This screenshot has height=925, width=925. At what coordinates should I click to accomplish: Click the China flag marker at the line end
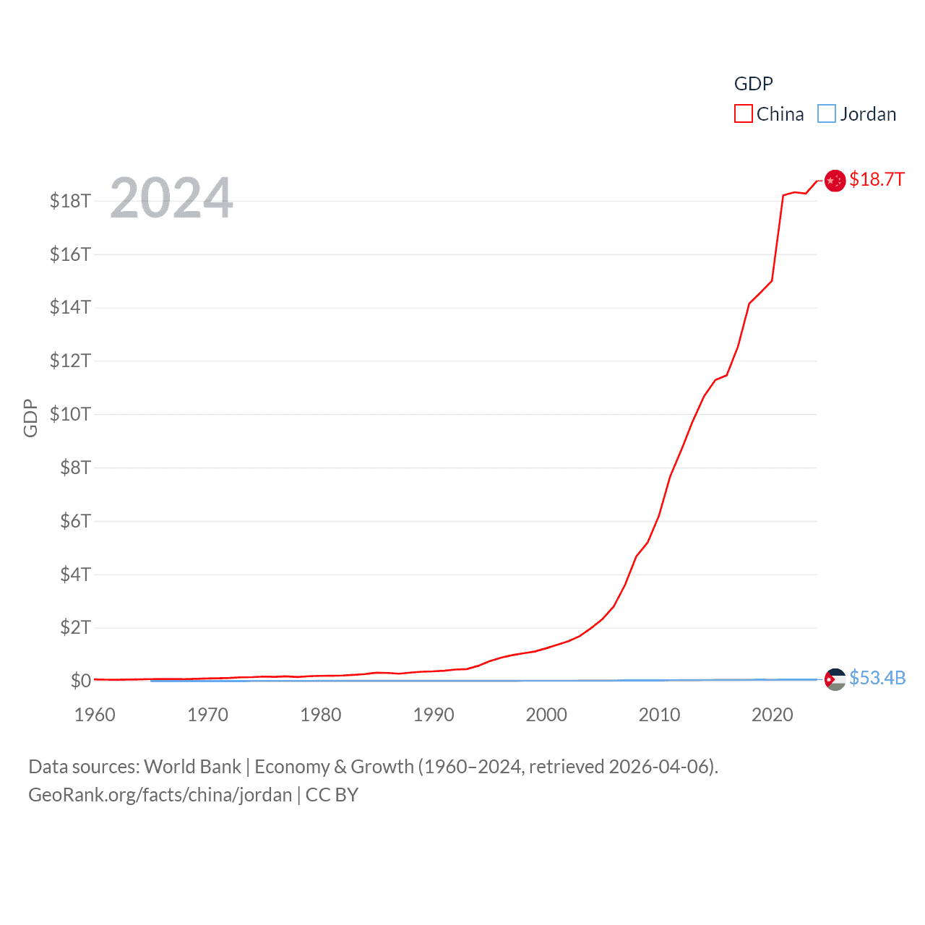pos(835,181)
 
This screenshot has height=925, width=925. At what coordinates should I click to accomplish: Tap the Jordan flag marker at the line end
pos(835,679)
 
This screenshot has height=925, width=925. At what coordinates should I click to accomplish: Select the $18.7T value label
pos(877,179)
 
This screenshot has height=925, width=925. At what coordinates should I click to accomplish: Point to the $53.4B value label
pos(877,678)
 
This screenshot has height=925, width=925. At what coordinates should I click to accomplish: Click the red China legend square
pos(743,114)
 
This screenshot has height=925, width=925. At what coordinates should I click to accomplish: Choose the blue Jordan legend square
pos(826,114)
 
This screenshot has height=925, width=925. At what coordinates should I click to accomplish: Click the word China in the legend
pos(780,114)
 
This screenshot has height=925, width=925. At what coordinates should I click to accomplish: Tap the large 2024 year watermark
pos(171,197)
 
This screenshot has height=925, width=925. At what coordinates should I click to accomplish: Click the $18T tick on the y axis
pos(70,201)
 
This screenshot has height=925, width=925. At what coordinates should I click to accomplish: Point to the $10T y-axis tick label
pos(70,414)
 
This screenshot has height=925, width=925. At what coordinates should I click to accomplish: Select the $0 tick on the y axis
pos(80,681)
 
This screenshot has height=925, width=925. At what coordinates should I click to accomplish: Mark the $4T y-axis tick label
pos(75,575)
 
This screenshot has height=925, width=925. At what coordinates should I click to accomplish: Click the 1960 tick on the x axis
pos(95,715)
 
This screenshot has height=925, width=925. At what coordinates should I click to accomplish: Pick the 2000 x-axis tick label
pos(546,715)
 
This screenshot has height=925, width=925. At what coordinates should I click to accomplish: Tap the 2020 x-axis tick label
pos(772,715)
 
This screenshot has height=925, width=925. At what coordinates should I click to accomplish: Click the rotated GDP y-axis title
pos(30,418)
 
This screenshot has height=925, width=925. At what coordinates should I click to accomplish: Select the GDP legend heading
pos(753,84)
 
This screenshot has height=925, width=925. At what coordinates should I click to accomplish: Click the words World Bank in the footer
pos(192,767)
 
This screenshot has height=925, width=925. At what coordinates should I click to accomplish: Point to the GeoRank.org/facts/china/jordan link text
pos(160,795)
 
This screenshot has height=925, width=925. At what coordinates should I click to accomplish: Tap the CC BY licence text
pos(332,795)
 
